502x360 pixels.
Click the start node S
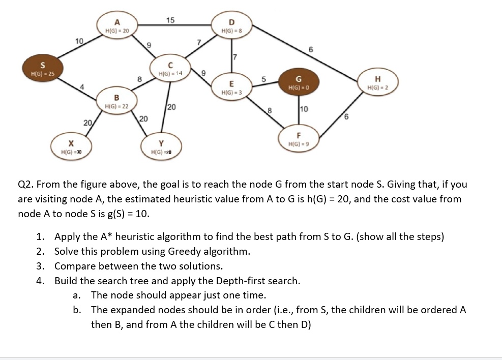click(43, 68)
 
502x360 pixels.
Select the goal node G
click(299, 82)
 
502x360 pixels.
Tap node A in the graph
click(117, 25)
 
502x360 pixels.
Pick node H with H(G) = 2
click(378, 82)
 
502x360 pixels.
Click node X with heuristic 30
click(71, 147)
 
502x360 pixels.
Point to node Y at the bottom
click(161, 147)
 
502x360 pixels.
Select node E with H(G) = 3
click(232, 87)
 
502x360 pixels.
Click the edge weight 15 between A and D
click(170, 20)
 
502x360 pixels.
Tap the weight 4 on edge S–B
click(82, 87)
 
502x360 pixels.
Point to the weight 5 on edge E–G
click(264, 79)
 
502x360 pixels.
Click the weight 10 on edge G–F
click(304, 109)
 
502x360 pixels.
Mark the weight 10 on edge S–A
click(79, 41)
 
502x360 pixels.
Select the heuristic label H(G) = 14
click(170, 74)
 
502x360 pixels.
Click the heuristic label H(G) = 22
click(116, 106)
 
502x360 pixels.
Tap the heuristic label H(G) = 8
click(232, 31)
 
